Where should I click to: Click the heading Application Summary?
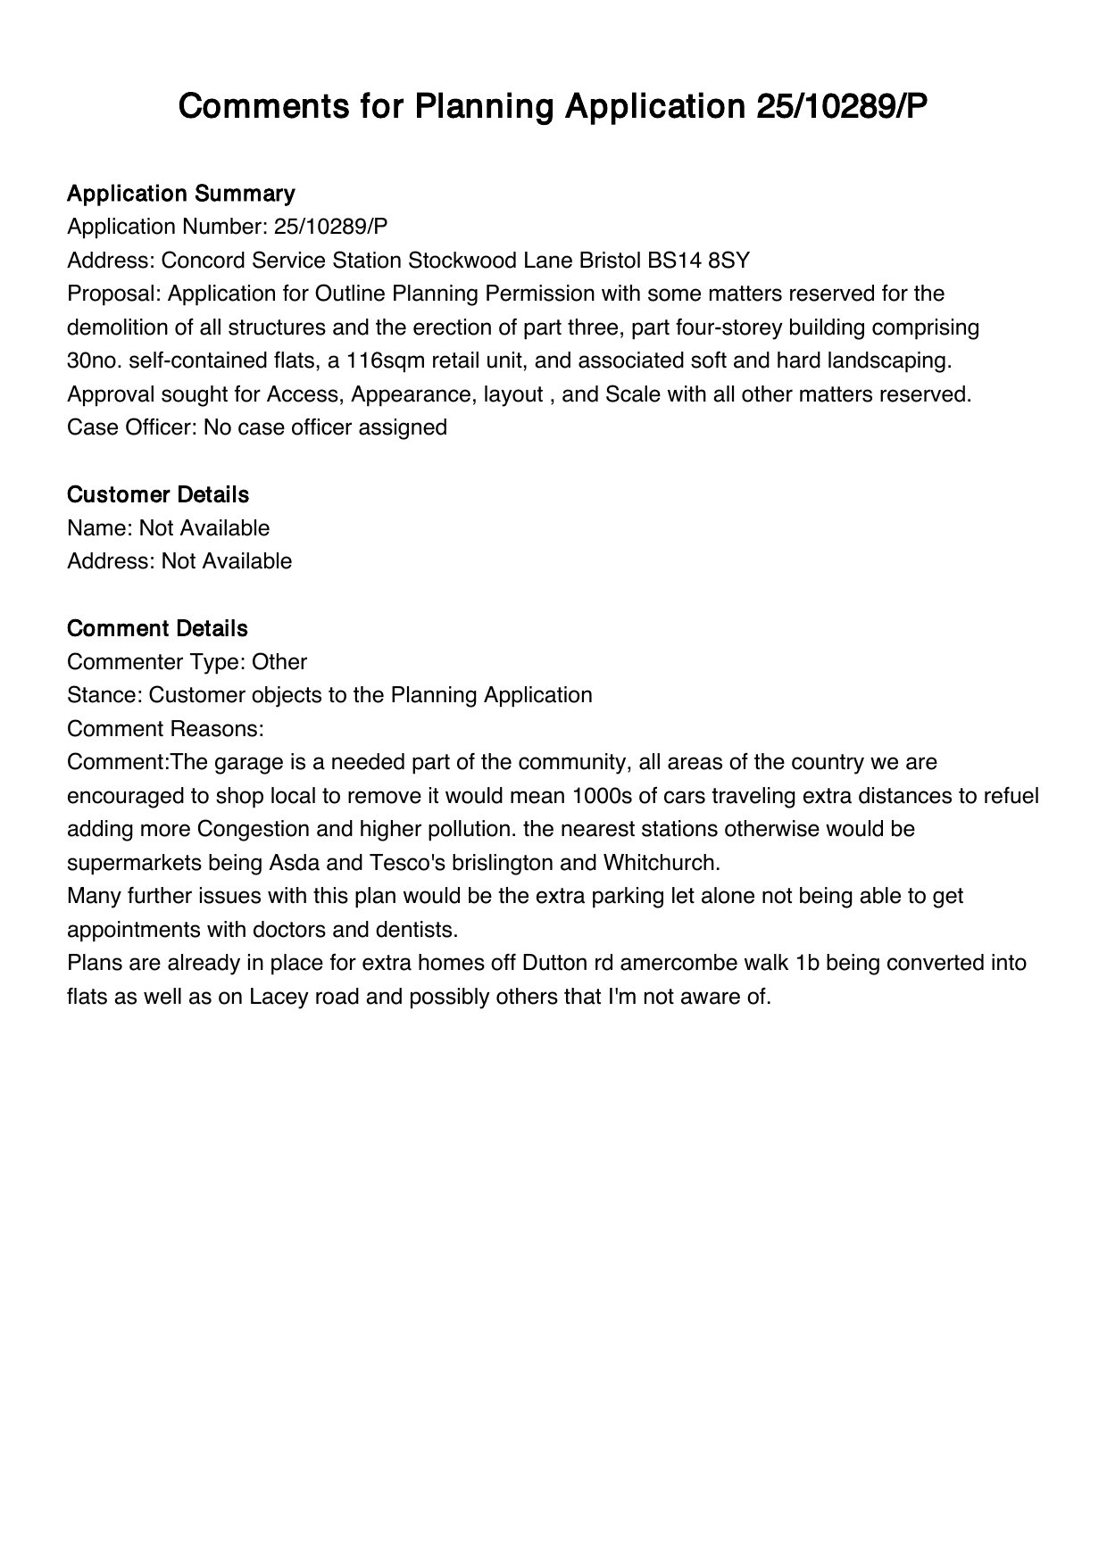click(180, 194)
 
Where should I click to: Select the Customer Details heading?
click(158, 494)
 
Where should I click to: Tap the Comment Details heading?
click(157, 628)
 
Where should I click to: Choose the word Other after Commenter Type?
click(279, 662)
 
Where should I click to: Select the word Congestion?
click(254, 829)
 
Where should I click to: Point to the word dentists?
click(419, 930)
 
